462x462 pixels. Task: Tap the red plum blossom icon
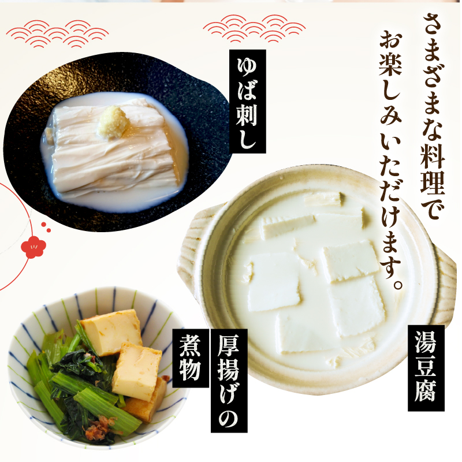(32, 247)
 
